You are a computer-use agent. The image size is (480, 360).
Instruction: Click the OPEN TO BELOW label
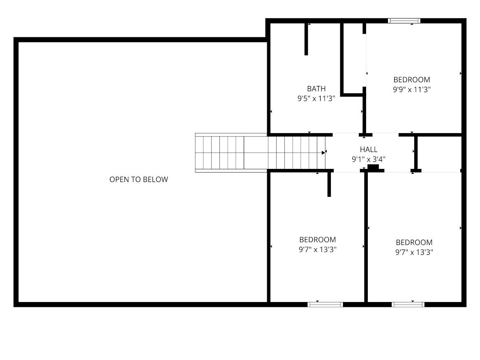(138, 179)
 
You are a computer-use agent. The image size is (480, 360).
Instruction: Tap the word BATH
(316, 89)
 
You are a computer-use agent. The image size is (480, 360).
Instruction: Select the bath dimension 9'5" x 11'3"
(316, 99)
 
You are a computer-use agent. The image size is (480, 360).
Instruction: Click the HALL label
(368, 150)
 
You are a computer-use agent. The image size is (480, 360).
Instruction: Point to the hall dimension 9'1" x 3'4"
(368, 159)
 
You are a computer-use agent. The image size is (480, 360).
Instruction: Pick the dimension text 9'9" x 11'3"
(411, 89)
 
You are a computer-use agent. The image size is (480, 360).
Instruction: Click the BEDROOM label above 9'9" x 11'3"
(411, 80)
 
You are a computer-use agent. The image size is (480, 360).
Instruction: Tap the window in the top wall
(404, 21)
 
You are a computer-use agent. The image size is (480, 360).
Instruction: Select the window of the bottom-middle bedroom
(325, 305)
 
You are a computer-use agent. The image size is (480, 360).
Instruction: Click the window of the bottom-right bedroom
(407, 305)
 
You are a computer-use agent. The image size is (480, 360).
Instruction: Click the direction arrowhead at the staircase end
(324, 152)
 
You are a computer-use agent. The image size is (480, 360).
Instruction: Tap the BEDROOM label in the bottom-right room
(414, 242)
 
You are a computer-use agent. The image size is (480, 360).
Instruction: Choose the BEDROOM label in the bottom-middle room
(317, 240)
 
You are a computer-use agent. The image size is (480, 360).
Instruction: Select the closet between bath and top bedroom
(353, 58)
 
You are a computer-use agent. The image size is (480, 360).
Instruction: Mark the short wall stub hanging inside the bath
(306, 39)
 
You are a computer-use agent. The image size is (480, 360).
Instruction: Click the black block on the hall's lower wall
(373, 168)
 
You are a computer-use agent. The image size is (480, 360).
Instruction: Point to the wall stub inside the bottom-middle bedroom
(329, 184)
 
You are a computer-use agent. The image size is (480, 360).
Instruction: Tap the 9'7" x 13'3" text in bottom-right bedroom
(414, 252)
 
